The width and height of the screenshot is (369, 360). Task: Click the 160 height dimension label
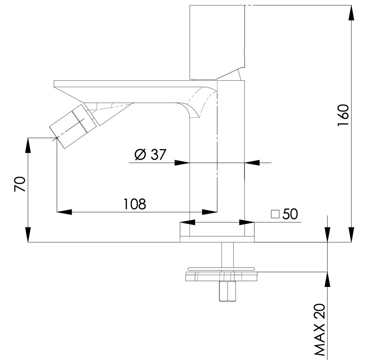[x=343, y=115]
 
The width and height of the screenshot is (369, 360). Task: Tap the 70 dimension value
[x=20, y=184]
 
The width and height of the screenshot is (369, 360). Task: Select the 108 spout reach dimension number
[x=135, y=204]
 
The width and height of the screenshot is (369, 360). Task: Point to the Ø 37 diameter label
[x=150, y=154]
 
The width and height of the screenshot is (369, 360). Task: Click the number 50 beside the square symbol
[x=290, y=214]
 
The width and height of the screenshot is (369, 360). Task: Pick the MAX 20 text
[x=320, y=330]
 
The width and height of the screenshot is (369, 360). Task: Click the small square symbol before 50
[x=275, y=214]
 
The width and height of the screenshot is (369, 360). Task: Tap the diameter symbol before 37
[x=140, y=154]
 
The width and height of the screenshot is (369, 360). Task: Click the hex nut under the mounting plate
[x=227, y=291]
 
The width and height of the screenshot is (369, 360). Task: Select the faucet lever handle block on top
[x=217, y=42]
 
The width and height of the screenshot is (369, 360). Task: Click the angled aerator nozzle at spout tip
[x=73, y=126]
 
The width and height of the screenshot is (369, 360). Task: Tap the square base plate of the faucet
[x=217, y=232]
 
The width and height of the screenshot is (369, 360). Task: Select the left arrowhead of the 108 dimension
[x=64, y=212]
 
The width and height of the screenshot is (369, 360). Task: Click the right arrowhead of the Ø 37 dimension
[x=252, y=163]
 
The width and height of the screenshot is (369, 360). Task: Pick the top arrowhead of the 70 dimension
[x=28, y=145]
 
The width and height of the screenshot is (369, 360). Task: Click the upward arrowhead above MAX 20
[x=327, y=279]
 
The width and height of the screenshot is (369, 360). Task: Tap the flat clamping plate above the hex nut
[x=221, y=277]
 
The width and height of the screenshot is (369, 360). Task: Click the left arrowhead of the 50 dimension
[x=188, y=222]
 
